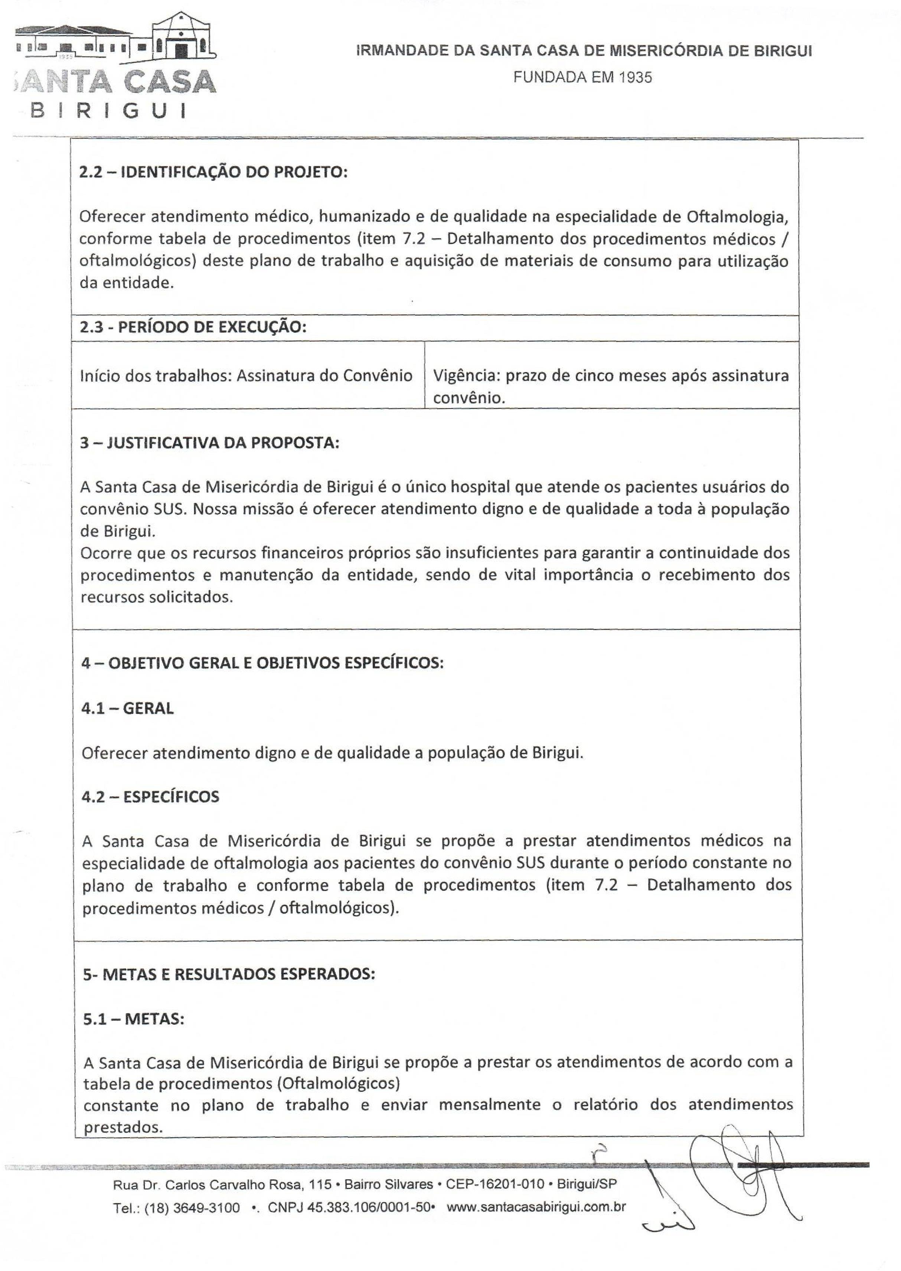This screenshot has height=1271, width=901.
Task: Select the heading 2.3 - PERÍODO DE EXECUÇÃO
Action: [193, 327]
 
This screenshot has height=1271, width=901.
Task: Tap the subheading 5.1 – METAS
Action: [134, 1019]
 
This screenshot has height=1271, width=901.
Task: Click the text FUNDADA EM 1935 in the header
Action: [582, 77]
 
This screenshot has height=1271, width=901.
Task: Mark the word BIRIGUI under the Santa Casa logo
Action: [108, 110]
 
